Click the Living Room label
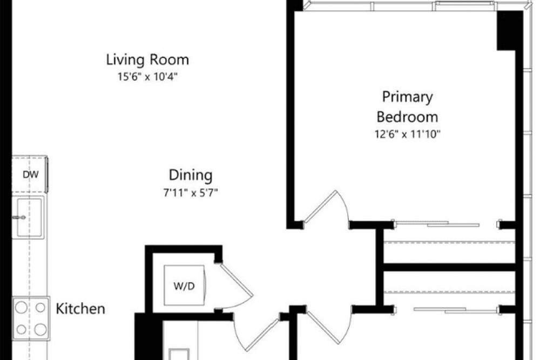pyautogui.click(x=147, y=60)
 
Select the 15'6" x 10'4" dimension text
pyautogui.click(x=147, y=77)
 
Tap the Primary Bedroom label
pyautogui.click(x=407, y=107)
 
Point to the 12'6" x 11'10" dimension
pyautogui.click(x=407, y=134)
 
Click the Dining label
pyautogui.click(x=191, y=175)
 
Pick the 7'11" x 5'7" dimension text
pyautogui.click(x=191, y=193)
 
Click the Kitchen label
pyautogui.click(x=80, y=309)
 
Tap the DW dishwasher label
pyautogui.click(x=31, y=175)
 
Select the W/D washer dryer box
pyautogui.click(x=184, y=286)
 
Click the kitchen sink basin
pyautogui.click(x=29, y=217)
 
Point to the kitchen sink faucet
pyautogui.click(x=18, y=218)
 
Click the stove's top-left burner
pyautogui.click(x=22, y=307)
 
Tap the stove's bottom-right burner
pyautogui.click(x=40, y=329)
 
